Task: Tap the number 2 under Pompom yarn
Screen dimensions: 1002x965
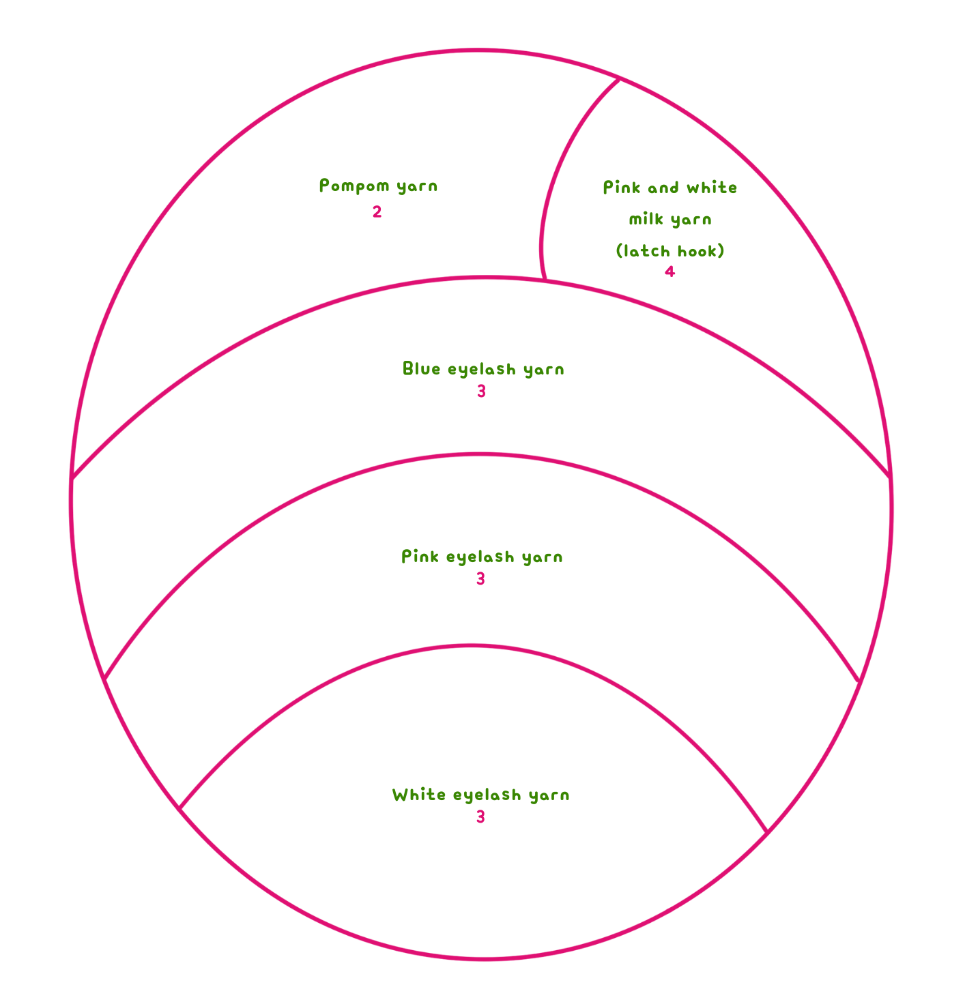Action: click(x=377, y=212)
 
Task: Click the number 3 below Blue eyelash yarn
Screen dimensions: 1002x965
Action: click(x=481, y=392)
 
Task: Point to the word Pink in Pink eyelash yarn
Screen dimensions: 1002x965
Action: click(x=420, y=557)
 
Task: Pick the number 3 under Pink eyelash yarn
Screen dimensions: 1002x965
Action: click(x=480, y=579)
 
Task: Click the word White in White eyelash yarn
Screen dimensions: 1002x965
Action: click(x=418, y=795)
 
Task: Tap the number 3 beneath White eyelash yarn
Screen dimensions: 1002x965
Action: click(x=480, y=817)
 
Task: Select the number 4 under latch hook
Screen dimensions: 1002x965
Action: click(x=669, y=271)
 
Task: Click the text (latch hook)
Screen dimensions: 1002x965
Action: click(x=669, y=251)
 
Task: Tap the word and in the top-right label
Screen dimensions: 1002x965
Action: click(x=663, y=188)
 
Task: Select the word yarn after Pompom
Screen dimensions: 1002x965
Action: click(x=417, y=186)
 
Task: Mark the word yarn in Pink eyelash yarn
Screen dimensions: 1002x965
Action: click(x=543, y=557)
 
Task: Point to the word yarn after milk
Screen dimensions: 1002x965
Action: click(x=691, y=220)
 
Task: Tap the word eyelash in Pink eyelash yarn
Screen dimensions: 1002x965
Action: click(x=480, y=557)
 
